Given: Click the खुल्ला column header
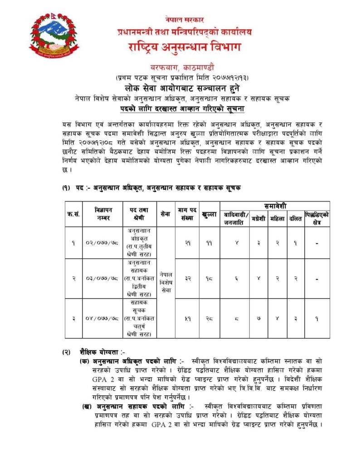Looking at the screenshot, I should click(x=209, y=214).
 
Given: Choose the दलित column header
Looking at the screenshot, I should click(x=296, y=219).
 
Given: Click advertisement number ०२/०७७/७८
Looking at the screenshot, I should click(x=104, y=243).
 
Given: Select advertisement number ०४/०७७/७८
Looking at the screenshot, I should click(x=104, y=319).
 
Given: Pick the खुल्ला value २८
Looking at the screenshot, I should click(x=209, y=319).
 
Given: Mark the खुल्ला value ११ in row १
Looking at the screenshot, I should click(x=209, y=243).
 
